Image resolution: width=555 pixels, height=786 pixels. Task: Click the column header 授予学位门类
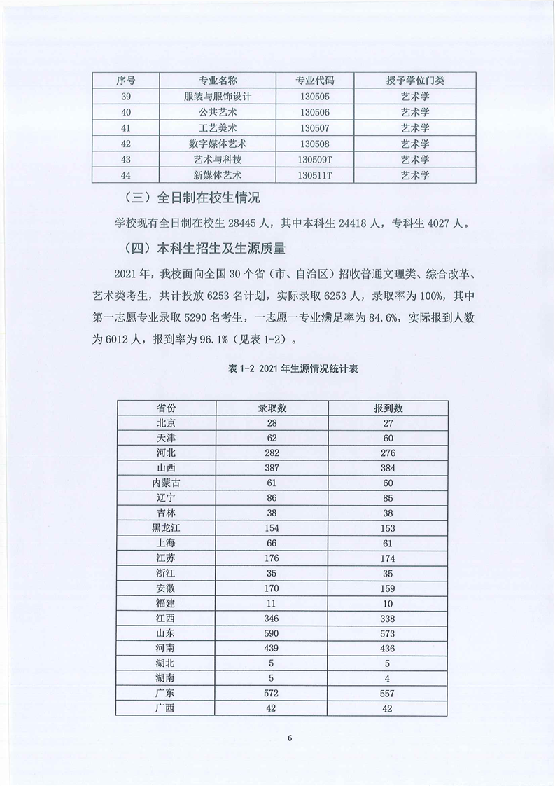415,81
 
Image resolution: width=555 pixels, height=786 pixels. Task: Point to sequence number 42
126,144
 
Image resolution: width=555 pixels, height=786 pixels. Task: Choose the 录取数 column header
272,408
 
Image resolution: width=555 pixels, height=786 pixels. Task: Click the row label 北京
166,422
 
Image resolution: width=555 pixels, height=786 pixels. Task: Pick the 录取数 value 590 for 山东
272,633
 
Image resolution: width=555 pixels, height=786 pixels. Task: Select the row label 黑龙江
166,528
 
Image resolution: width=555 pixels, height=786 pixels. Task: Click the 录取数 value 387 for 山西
272,468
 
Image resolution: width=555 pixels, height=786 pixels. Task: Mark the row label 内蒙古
166,483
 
